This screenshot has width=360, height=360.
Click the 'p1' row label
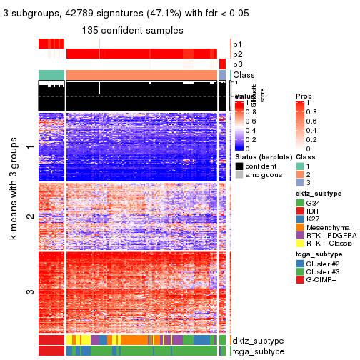point(237,44)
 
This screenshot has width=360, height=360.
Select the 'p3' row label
point(237,64)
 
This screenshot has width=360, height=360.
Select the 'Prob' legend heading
point(305,96)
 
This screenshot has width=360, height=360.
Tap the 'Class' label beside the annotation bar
point(244,75)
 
